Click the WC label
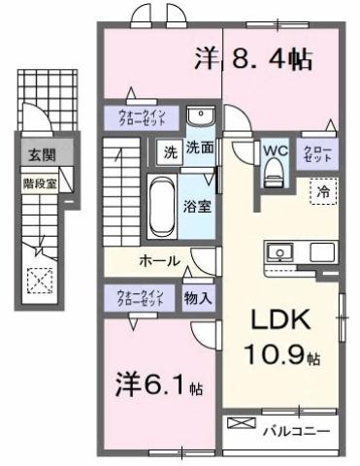coord(272,151)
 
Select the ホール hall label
coord(158,261)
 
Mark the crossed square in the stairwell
coord(40,282)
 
